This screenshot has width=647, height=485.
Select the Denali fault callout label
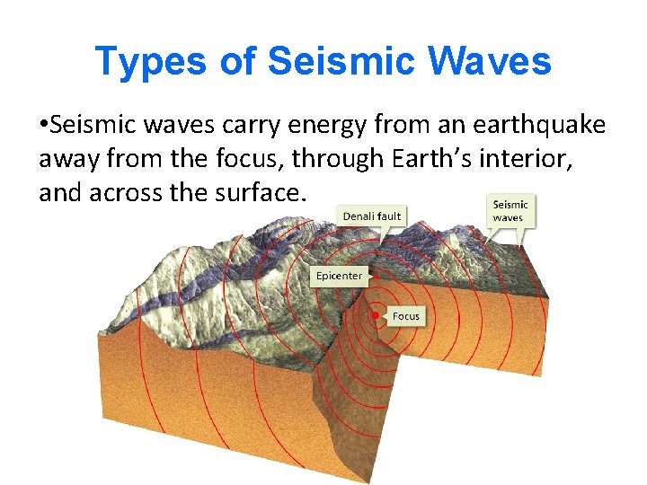coord(372,216)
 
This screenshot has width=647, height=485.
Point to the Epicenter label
coord(340,276)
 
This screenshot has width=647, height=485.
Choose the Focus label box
coord(405,316)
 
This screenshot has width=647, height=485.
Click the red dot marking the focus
coord(376,315)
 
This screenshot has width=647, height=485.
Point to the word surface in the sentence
coord(262,192)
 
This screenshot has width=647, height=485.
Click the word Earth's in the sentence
coord(438,159)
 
